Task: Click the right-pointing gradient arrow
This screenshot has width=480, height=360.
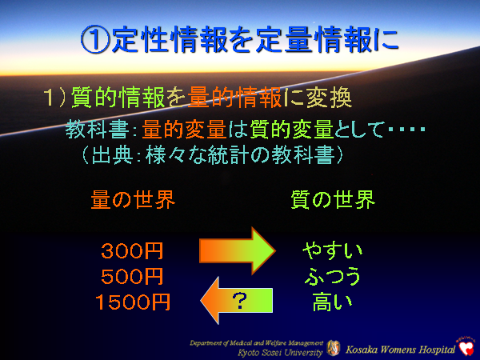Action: pyautogui.click(x=234, y=250)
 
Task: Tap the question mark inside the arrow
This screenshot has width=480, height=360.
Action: pyautogui.click(x=238, y=301)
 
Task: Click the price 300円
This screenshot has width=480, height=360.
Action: pyautogui.click(x=132, y=251)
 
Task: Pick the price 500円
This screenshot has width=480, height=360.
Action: pyautogui.click(x=132, y=277)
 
